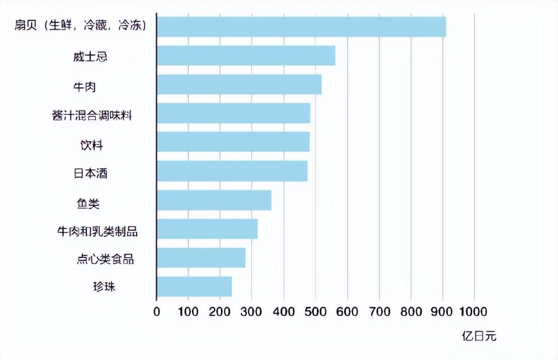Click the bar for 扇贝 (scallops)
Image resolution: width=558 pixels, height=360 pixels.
tap(301, 27)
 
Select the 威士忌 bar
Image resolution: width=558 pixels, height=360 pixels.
tap(246, 55)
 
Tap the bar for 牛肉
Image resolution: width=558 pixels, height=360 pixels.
tap(239, 84)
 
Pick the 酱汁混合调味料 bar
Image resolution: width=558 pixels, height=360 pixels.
tap(233, 113)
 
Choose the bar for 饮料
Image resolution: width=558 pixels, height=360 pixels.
tap(233, 142)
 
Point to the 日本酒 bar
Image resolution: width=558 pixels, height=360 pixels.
tap(232, 171)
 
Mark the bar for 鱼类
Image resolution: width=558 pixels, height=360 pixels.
tap(214, 200)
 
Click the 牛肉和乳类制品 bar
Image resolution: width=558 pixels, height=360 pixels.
tap(207, 229)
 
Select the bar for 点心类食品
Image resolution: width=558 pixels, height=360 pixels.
tap(201, 258)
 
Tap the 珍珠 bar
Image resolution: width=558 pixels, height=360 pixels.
tap(194, 286)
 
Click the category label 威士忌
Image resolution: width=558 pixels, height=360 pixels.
tap(90, 56)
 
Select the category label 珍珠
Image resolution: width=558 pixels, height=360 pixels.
tap(90, 287)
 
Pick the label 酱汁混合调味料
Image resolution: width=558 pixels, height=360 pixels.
tap(92, 115)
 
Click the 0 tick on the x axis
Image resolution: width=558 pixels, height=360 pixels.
tap(157, 311)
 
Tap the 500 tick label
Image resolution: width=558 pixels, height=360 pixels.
tap(316, 311)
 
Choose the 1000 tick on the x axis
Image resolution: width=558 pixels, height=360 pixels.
tap(474, 311)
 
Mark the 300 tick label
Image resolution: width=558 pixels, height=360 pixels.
tap(252, 311)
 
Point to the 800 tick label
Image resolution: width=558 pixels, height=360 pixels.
tap(411, 311)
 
